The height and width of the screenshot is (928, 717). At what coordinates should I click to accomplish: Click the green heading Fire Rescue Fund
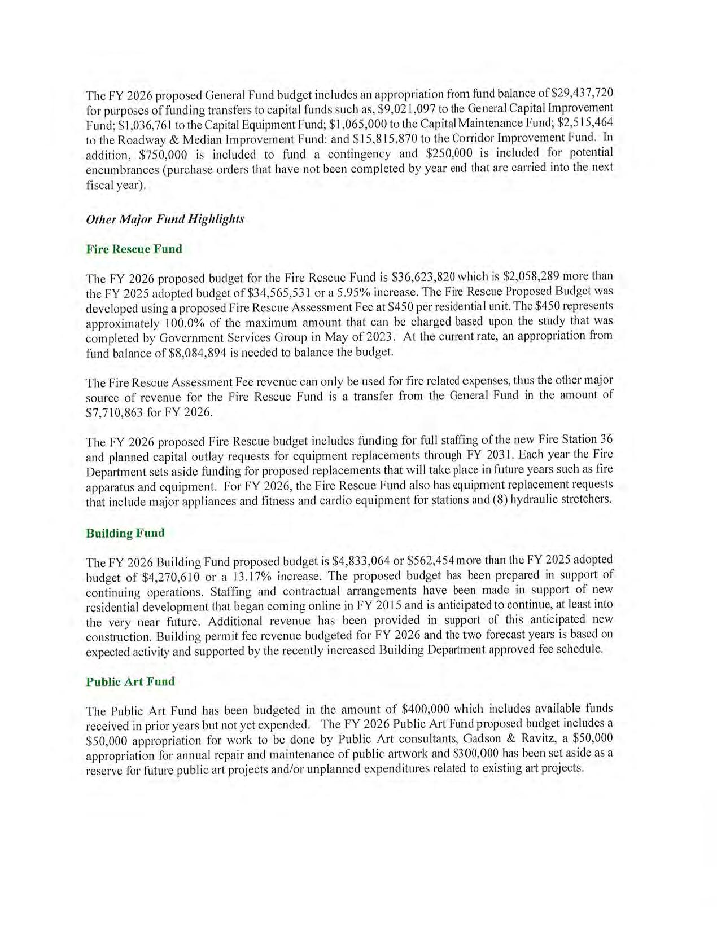134,249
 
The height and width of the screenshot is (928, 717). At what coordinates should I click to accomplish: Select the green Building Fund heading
125,533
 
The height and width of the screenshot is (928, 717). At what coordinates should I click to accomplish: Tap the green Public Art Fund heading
130,681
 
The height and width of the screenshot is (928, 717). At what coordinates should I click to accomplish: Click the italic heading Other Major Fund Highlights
165,219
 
